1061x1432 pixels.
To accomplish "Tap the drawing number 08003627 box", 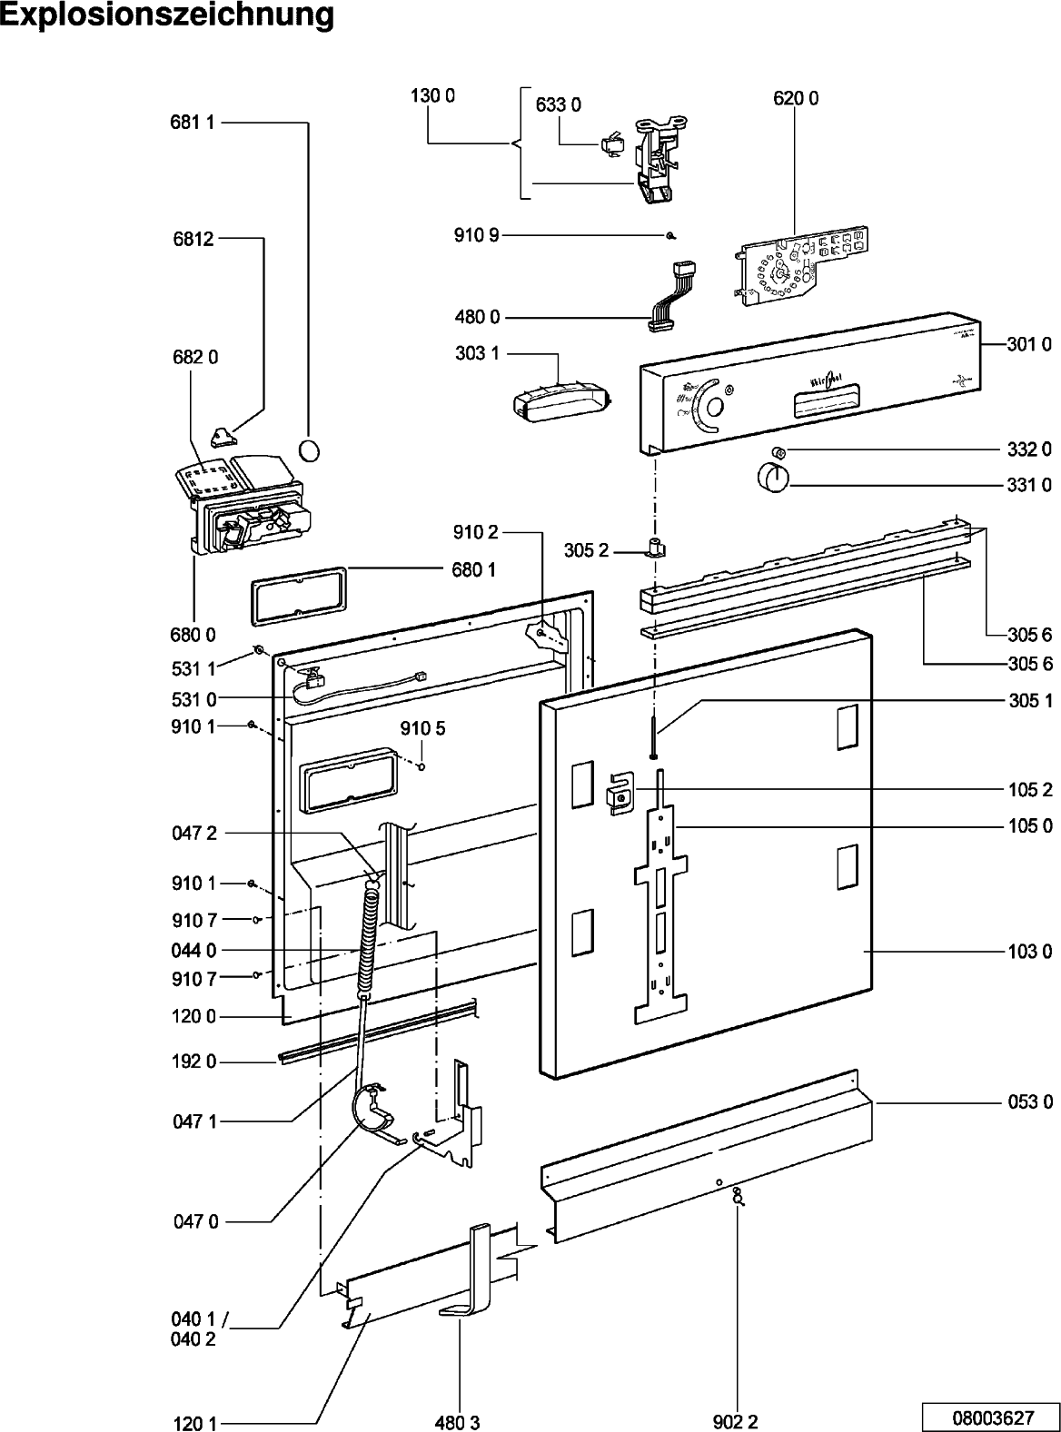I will pyautogui.click(x=992, y=1416).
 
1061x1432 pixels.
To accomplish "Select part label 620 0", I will pyautogui.click(x=796, y=99).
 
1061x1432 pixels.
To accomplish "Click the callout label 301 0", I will pyautogui.click(x=1029, y=344).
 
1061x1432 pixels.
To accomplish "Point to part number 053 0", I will pyautogui.click(x=1030, y=1102).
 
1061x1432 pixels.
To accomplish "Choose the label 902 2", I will pyautogui.click(x=735, y=1422).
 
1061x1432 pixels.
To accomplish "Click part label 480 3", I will pyautogui.click(x=457, y=1422).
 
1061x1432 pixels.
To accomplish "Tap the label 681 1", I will pyautogui.click(x=192, y=123).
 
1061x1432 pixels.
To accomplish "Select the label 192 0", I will pyautogui.click(x=193, y=1062).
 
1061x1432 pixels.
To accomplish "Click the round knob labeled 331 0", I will pyautogui.click(x=772, y=476).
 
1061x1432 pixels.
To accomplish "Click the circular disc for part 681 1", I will pyautogui.click(x=310, y=449).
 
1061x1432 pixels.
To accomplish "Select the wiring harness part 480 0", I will pyautogui.click(x=673, y=294).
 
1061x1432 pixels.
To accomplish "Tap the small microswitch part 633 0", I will pyautogui.click(x=610, y=144).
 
